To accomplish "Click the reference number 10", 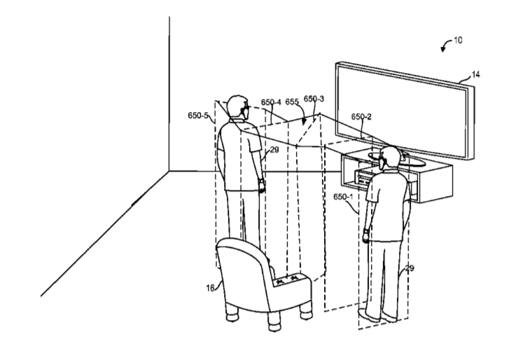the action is point(458,41).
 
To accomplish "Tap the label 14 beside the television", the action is point(475,75).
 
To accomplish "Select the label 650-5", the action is point(198,116).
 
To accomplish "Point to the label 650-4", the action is point(271,102).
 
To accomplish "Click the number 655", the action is point(292,102).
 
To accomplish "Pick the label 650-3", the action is point(314,99).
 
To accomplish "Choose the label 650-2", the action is point(361,117).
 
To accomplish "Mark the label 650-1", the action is point(343,197).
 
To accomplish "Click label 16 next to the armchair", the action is point(211,289).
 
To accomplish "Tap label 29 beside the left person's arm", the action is point(274,150).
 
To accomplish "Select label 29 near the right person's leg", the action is point(409,268).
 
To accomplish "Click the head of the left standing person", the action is point(238,106).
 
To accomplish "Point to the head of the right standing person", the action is point(390,158).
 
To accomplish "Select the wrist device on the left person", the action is point(261,181).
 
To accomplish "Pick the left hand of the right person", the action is point(365,237).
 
